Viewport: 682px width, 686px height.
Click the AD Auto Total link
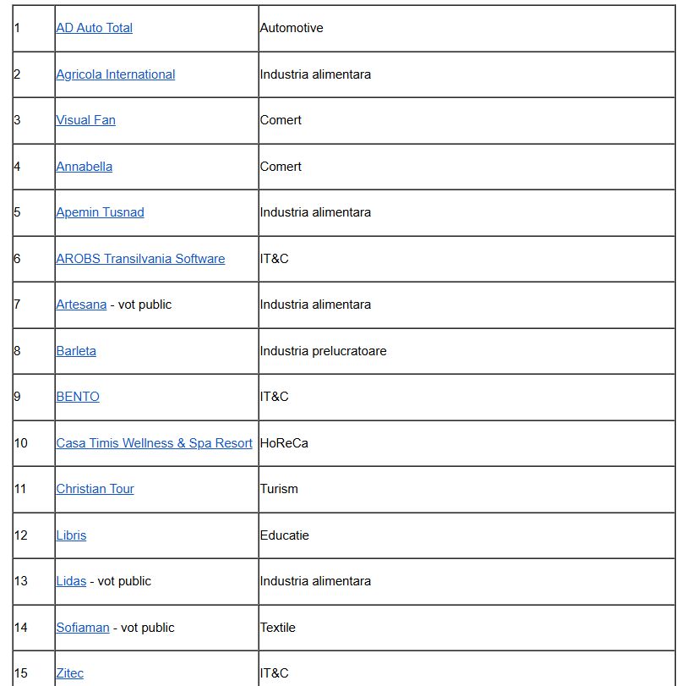94,28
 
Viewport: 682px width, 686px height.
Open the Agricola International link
115,74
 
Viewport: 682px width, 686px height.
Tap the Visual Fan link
85,120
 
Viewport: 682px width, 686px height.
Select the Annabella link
84,167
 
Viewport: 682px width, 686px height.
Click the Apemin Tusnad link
100,212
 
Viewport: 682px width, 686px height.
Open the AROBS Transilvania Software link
140,259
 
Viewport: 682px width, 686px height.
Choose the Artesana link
81,305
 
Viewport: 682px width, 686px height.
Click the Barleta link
76,351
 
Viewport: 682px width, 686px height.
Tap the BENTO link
78,397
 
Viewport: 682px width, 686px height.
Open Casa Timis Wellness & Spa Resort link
154,443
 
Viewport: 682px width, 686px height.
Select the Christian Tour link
95,489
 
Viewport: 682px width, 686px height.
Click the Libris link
71,535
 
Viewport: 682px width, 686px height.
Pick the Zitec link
70,673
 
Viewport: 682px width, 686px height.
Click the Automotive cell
292,28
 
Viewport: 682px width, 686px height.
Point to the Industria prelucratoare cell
323,351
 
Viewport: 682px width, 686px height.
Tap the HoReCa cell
284,443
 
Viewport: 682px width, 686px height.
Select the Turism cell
279,489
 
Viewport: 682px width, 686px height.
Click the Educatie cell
285,535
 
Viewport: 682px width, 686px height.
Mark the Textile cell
278,628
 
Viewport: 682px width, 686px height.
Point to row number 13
21,581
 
